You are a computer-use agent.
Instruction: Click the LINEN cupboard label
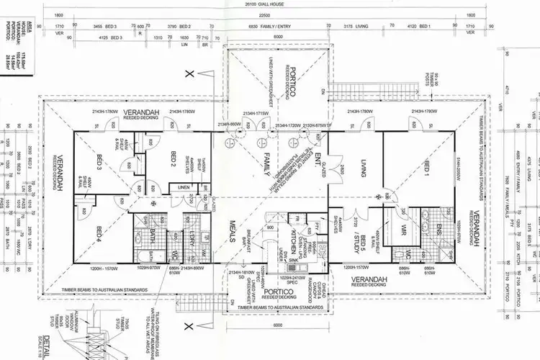185,188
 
